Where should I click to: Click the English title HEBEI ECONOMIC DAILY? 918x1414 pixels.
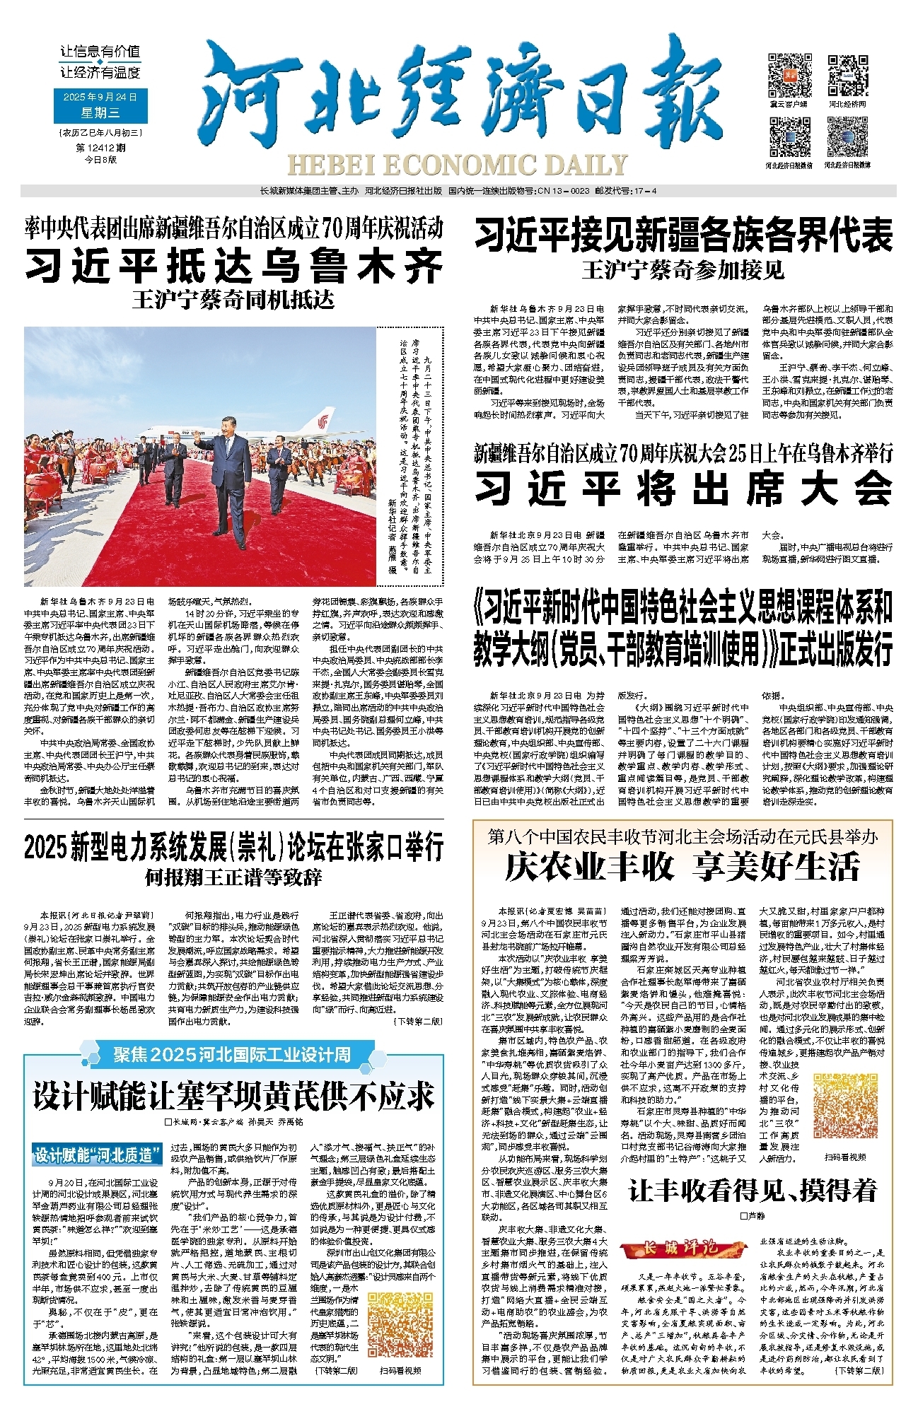pos(457,165)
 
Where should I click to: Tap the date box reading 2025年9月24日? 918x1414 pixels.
pos(100,97)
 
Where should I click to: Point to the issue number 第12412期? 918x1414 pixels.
pos(100,148)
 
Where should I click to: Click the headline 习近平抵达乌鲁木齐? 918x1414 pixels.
pos(233,267)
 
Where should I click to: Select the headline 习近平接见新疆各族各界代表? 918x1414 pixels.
pos(683,236)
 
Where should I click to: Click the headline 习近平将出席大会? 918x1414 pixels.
pos(683,488)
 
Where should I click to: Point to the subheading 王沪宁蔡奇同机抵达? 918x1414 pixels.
pos(233,300)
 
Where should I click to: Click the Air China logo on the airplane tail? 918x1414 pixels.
pos(322,422)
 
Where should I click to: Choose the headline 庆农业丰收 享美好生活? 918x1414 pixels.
pos(682,867)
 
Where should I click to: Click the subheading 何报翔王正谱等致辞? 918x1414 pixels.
pos(233,878)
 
